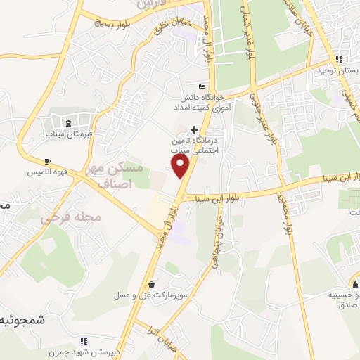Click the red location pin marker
pos(181,166)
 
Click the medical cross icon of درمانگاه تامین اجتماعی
pos(195,129)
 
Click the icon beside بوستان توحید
pos(339,59)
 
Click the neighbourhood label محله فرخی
pos(70,217)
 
